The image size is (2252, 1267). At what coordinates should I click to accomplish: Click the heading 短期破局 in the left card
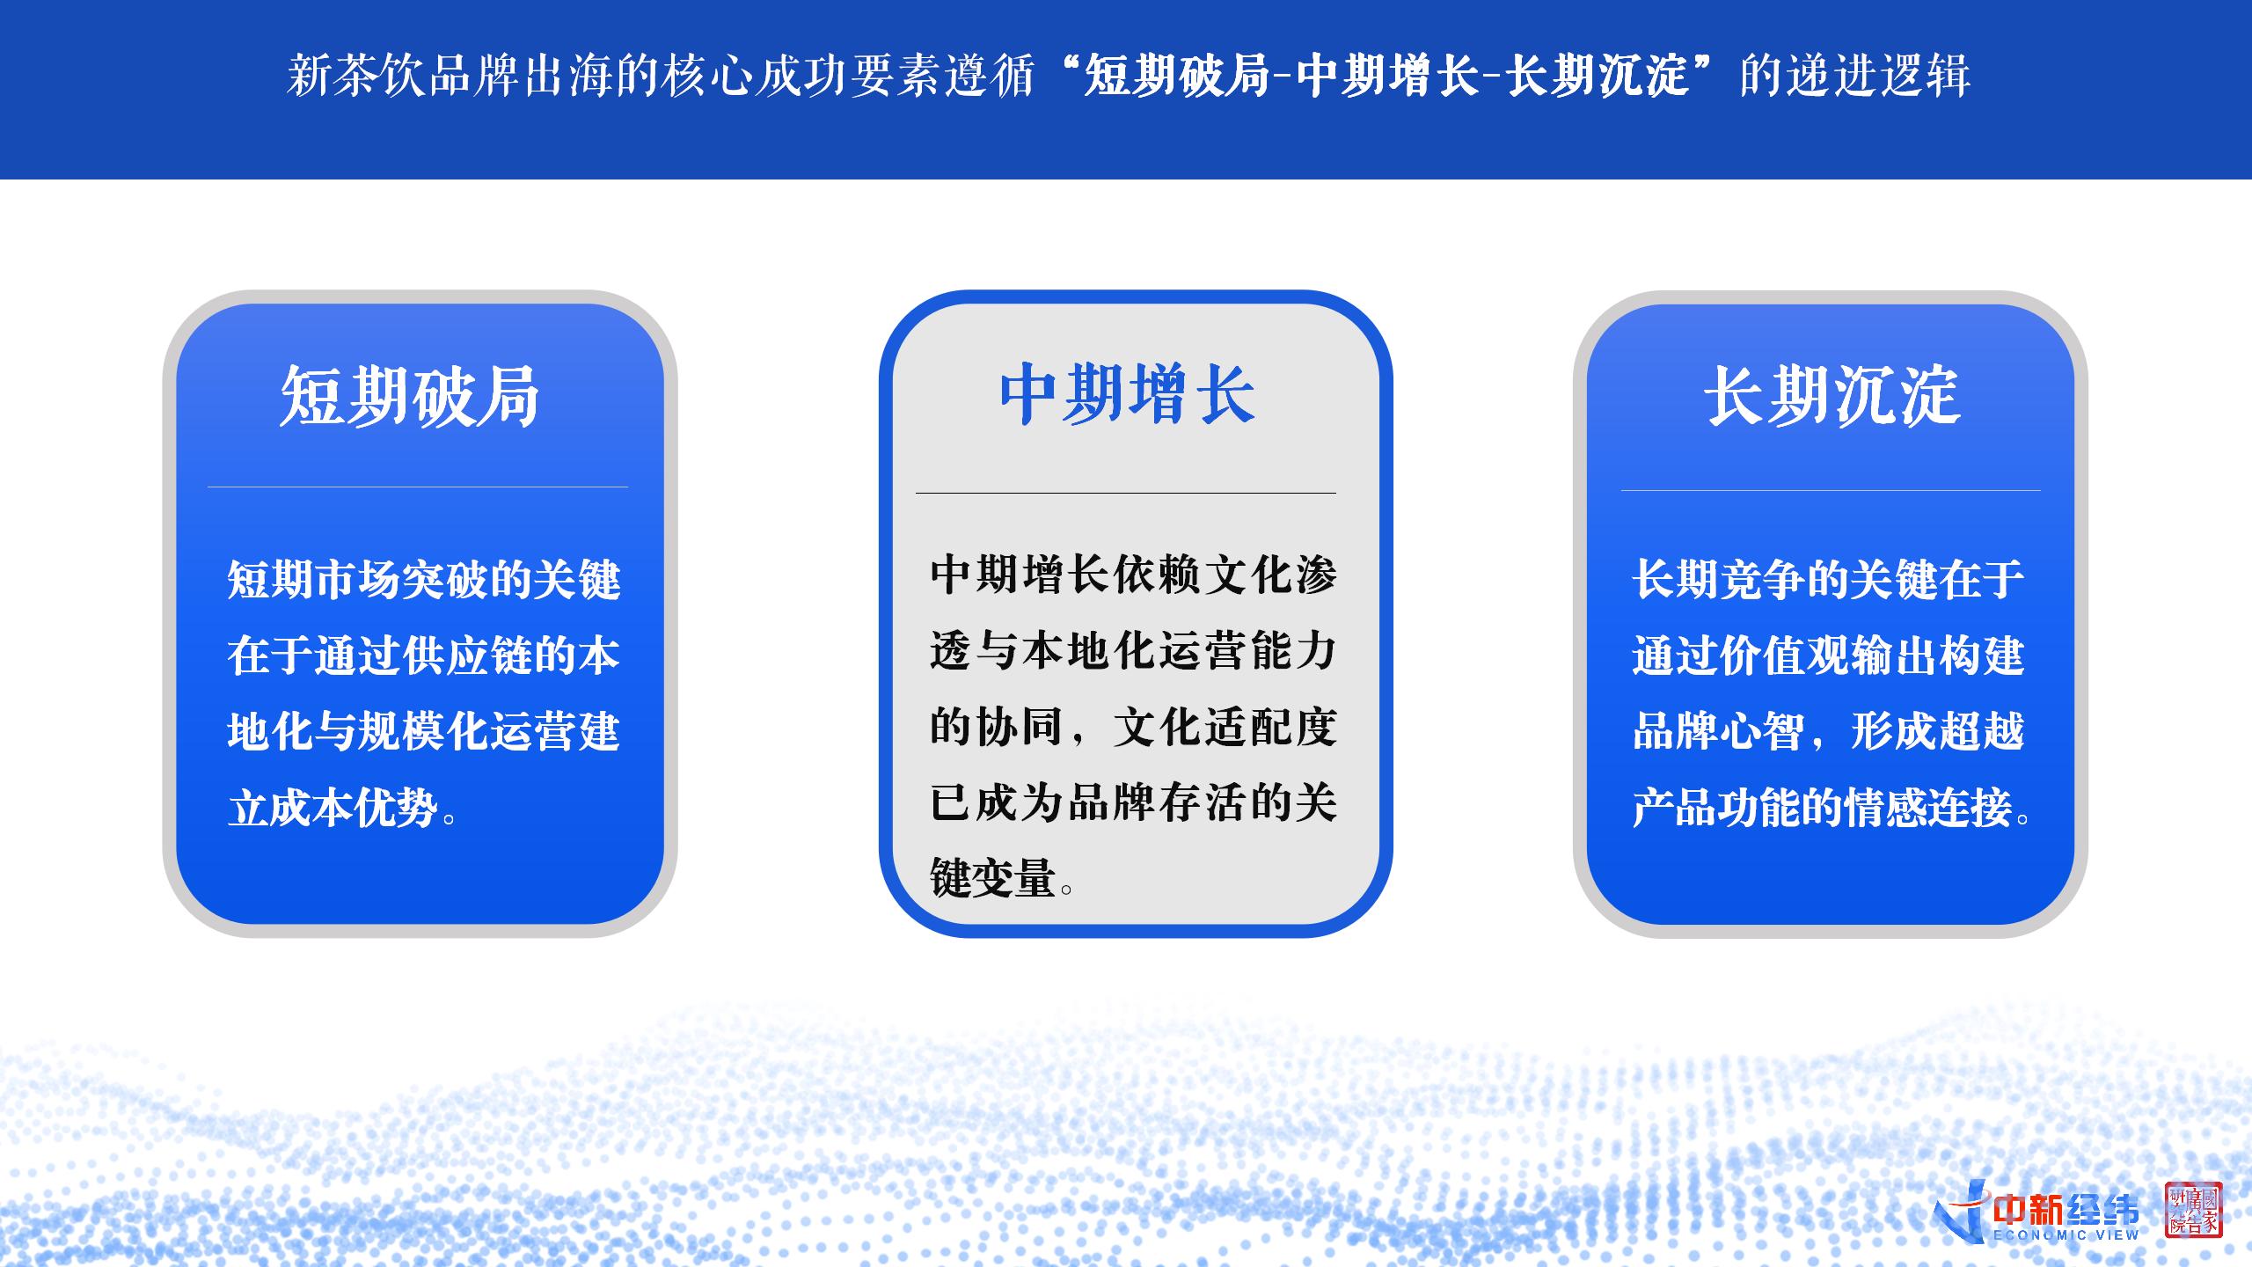point(410,397)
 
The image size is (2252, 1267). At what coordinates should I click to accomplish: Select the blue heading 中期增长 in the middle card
point(1127,394)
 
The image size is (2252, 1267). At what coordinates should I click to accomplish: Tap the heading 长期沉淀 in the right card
point(1832,397)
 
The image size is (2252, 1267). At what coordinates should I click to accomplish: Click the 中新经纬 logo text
point(2065,1211)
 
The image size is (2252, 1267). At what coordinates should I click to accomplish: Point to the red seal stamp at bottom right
point(2193,1210)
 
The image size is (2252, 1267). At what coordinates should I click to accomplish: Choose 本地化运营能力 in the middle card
point(1180,651)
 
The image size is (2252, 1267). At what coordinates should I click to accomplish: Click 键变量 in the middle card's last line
point(993,878)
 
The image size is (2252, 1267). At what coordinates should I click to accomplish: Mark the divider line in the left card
point(418,487)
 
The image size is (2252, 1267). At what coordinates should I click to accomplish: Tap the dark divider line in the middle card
point(1126,493)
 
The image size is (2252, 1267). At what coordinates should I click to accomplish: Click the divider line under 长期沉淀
point(1831,490)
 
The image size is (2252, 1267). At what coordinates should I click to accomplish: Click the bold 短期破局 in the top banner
point(1177,75)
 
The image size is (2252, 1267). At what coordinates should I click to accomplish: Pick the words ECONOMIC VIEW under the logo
point(2066,1235)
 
